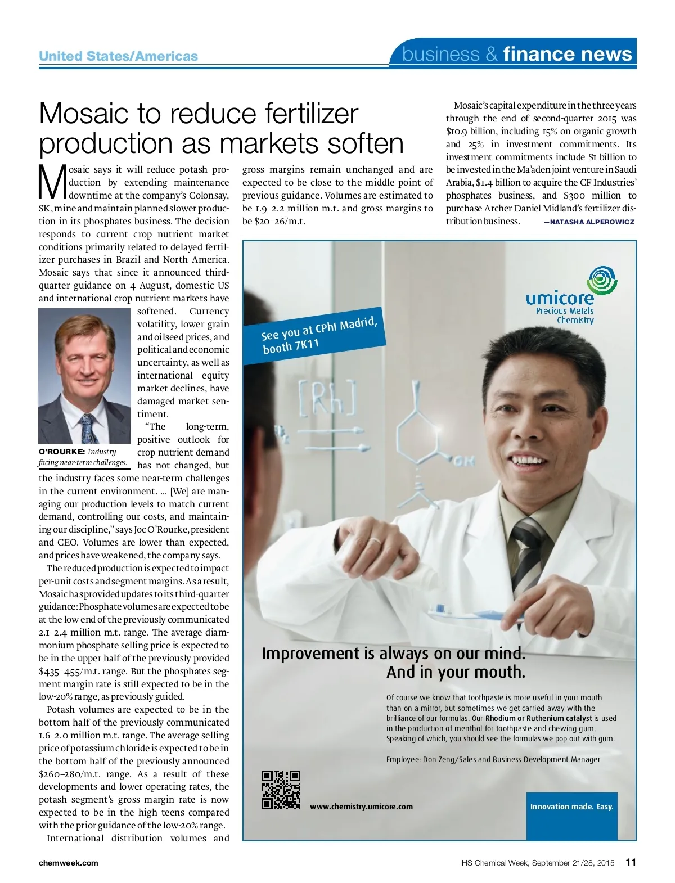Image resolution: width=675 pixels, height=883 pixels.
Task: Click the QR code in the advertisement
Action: pyautogui.click(x=281, y=790)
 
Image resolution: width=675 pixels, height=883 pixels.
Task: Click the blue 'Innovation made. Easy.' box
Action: pyautogui.click(x=571, y=807)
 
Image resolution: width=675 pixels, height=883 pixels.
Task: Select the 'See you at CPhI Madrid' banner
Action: pyautogui.click(x=317, y=335)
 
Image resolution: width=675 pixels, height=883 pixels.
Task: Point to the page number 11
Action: pyautogui.click(x=631, y=862)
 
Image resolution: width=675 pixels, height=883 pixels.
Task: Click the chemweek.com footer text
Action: pyautogui.click(x=68, y=863)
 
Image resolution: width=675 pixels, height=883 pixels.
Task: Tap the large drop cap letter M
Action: pyautogui.click(x=52, y=182)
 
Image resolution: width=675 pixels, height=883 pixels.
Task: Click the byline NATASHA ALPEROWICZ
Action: pyautogui.click(x=589, y=222)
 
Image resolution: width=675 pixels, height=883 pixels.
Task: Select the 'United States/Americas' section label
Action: pyautogui.click(x=118, y=56)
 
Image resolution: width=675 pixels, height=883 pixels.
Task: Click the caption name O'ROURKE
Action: pyautogui.click(x=61, y=452)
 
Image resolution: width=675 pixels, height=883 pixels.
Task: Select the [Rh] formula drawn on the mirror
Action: pyautogui.click(x=327, y=398)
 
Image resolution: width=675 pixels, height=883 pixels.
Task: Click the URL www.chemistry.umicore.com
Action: pyautogui.click(x=361, y=807)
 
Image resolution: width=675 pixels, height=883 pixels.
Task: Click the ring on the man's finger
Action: pyautogui.click(x=374, y=541)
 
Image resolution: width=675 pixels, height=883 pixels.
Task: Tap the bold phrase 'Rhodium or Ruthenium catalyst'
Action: pyautogui.click(x=538, y=718)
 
